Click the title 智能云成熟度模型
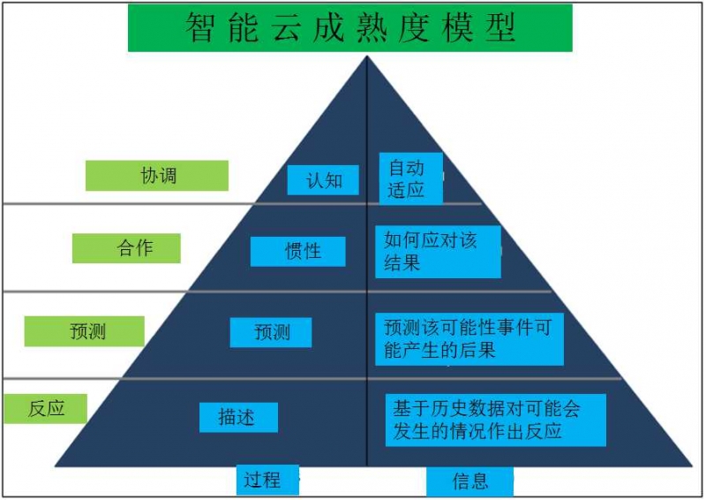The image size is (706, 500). pyautogui.click(x=349, y=27)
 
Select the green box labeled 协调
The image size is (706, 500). pyautogui.click(x=157, y=176)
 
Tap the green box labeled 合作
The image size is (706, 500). pyautogui.click(x=126, y=248)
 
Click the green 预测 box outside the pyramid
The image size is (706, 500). pyautogui.click(x=84, y=331)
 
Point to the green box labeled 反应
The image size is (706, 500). pyautogui.click(x=46, y=408)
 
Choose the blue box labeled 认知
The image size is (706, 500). pyautogui.click(x=323, y=180)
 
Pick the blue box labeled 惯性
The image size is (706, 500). pyautogui.click(x=298, y=252)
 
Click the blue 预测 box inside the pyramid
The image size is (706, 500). pyautogui.click(x=271, y=333)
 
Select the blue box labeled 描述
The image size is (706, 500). pyautogui.click(x=238, y=418)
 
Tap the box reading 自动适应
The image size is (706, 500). pyautogui.click(x=411, y=178)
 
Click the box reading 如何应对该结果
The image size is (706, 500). pyautogui.click(x=438, y=252)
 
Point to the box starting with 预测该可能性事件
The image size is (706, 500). pyautogui.click(x=469, y=339)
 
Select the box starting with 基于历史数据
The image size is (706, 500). pyautogui.click(x=496, y=420)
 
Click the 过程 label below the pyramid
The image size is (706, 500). pyautogui.click(x=267, y=480)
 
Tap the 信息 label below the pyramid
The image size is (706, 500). pyautogui.click(x=470, y=481)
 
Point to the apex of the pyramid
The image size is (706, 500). pyautogui.click(x=367, y=56)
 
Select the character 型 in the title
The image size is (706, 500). pyautogui.click(x=500, y=27)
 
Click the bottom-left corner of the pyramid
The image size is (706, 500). pyautogui.click(x=55, y=466)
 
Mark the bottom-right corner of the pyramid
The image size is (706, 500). pyautogui.click(x=693, y=466)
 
